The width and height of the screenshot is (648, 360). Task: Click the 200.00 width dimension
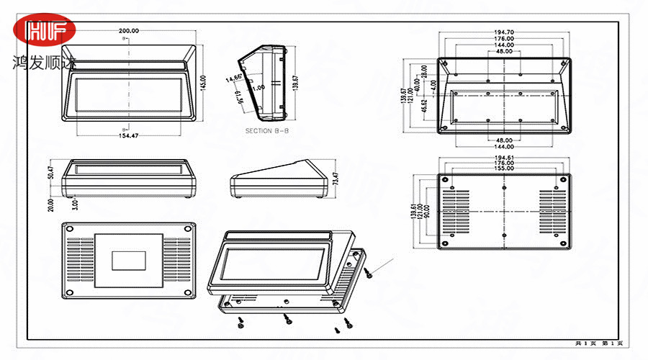129,31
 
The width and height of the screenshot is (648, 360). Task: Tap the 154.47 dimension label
128,135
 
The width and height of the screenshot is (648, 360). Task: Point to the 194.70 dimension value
504,32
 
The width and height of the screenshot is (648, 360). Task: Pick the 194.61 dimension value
504,157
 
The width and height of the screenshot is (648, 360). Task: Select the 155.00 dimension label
504,170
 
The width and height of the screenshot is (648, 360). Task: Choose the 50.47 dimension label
52,174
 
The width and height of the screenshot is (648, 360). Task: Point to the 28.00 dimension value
425,71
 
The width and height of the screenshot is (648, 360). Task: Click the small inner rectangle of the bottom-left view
129,259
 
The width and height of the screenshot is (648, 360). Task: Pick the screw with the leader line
368,272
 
